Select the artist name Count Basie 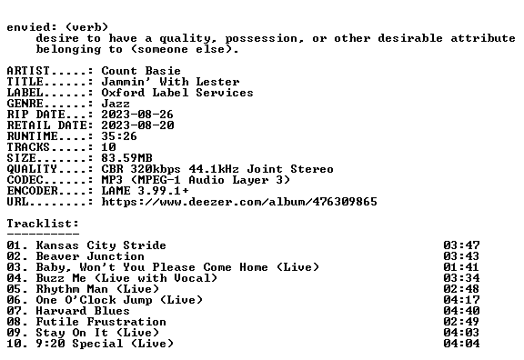coord(141,71)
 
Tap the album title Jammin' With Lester coord(170,82)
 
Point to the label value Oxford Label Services coord(177,93)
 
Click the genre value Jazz coord(116,104)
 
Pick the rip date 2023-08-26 coord(137,115)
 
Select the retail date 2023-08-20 coord(137,125)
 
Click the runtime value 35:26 coord(119,136)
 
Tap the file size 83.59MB coord(127,158)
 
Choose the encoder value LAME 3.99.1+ coord(145,191)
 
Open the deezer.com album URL coord(239,202)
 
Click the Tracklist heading coord(43,224)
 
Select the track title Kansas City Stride coord(101,245)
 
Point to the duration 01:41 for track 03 coord(461,267)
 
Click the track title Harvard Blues coord(83,311)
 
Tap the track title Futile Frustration coord(101,322)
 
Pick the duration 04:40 coord(461,311)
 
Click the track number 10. coord(14,344)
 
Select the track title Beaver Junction coord(90,256)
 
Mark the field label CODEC coord(25,180)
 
